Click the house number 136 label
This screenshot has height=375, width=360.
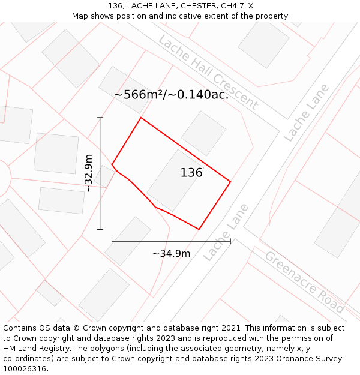pos(191,173)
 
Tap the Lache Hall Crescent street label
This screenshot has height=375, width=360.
pos(208,72)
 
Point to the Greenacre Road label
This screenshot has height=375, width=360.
pos(304,281)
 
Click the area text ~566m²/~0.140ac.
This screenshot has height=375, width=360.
pos(171,94)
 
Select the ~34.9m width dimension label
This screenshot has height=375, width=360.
pos(171,253)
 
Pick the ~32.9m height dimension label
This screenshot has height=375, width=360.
pos(89,173)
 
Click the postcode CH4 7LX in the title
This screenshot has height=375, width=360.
pos(237,6)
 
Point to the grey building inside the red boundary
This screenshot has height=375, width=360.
pos(174,181)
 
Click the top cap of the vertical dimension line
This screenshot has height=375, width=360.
pos(100,118)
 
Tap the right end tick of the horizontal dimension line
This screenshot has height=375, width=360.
pos(230,241)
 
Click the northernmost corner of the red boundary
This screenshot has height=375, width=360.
pos(141,118)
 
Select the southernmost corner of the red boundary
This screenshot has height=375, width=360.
pos(199,229)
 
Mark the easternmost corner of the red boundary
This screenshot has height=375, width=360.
pos(230,181)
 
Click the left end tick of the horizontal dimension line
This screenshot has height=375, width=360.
pos(112,241)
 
